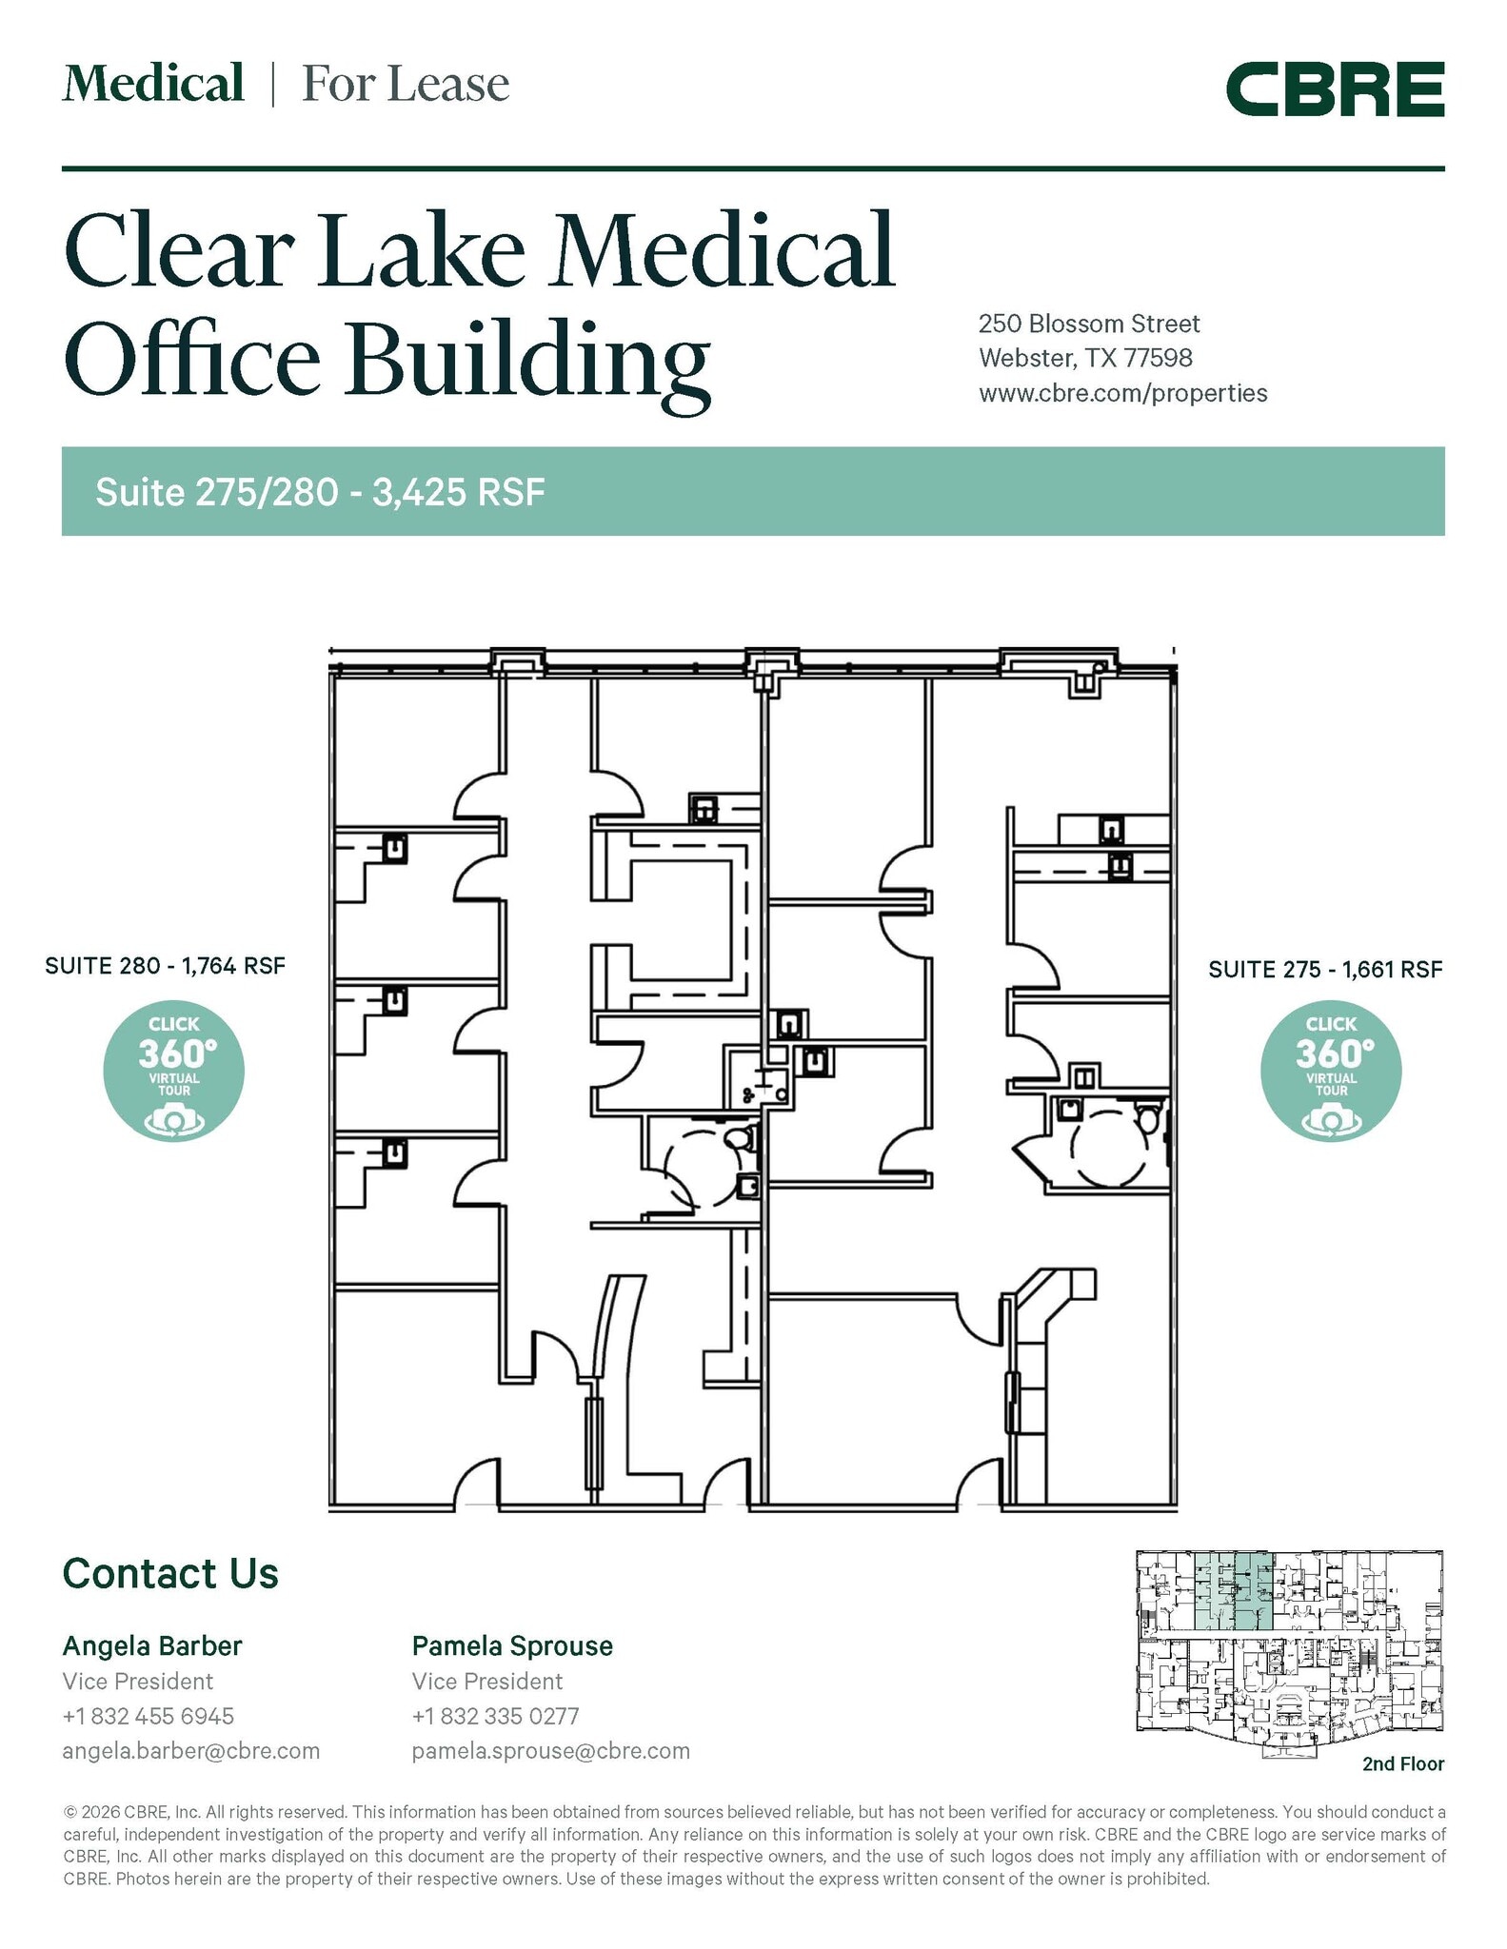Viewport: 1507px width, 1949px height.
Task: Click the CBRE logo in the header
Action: coord(1335,89)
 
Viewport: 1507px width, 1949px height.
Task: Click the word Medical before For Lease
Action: coord(153,83)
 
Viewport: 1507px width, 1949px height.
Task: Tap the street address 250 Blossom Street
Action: coord(1089,324)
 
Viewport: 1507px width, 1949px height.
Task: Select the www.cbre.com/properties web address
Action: coord(1123,393)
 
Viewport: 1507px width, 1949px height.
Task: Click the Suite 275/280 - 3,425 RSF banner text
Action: coord(320,492)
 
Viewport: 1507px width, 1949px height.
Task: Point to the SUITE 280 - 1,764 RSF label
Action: coord(166,966)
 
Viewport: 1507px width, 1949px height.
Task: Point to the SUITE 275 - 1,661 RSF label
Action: coord(1325,970)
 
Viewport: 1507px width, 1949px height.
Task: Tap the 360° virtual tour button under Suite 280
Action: coord(174,1071)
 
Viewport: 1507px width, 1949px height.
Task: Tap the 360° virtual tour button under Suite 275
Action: coord(1331,1071)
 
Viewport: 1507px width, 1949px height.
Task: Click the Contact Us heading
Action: coord(170,1574)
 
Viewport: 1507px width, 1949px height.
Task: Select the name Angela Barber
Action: coord(152,1645)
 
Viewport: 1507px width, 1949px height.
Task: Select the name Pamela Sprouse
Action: coord(512,1645)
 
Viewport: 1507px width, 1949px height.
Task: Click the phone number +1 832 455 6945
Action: coord(149,1716)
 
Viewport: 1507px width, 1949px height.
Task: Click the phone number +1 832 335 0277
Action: coord(496,1716)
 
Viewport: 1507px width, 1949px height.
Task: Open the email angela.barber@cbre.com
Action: coord(191,1751)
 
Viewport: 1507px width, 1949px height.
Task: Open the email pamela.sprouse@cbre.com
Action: coord(551,1751)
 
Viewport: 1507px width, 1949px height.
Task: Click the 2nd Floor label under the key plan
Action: coord(1403,1763)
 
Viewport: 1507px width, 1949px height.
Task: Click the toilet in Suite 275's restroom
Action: coord(1149,1117)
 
